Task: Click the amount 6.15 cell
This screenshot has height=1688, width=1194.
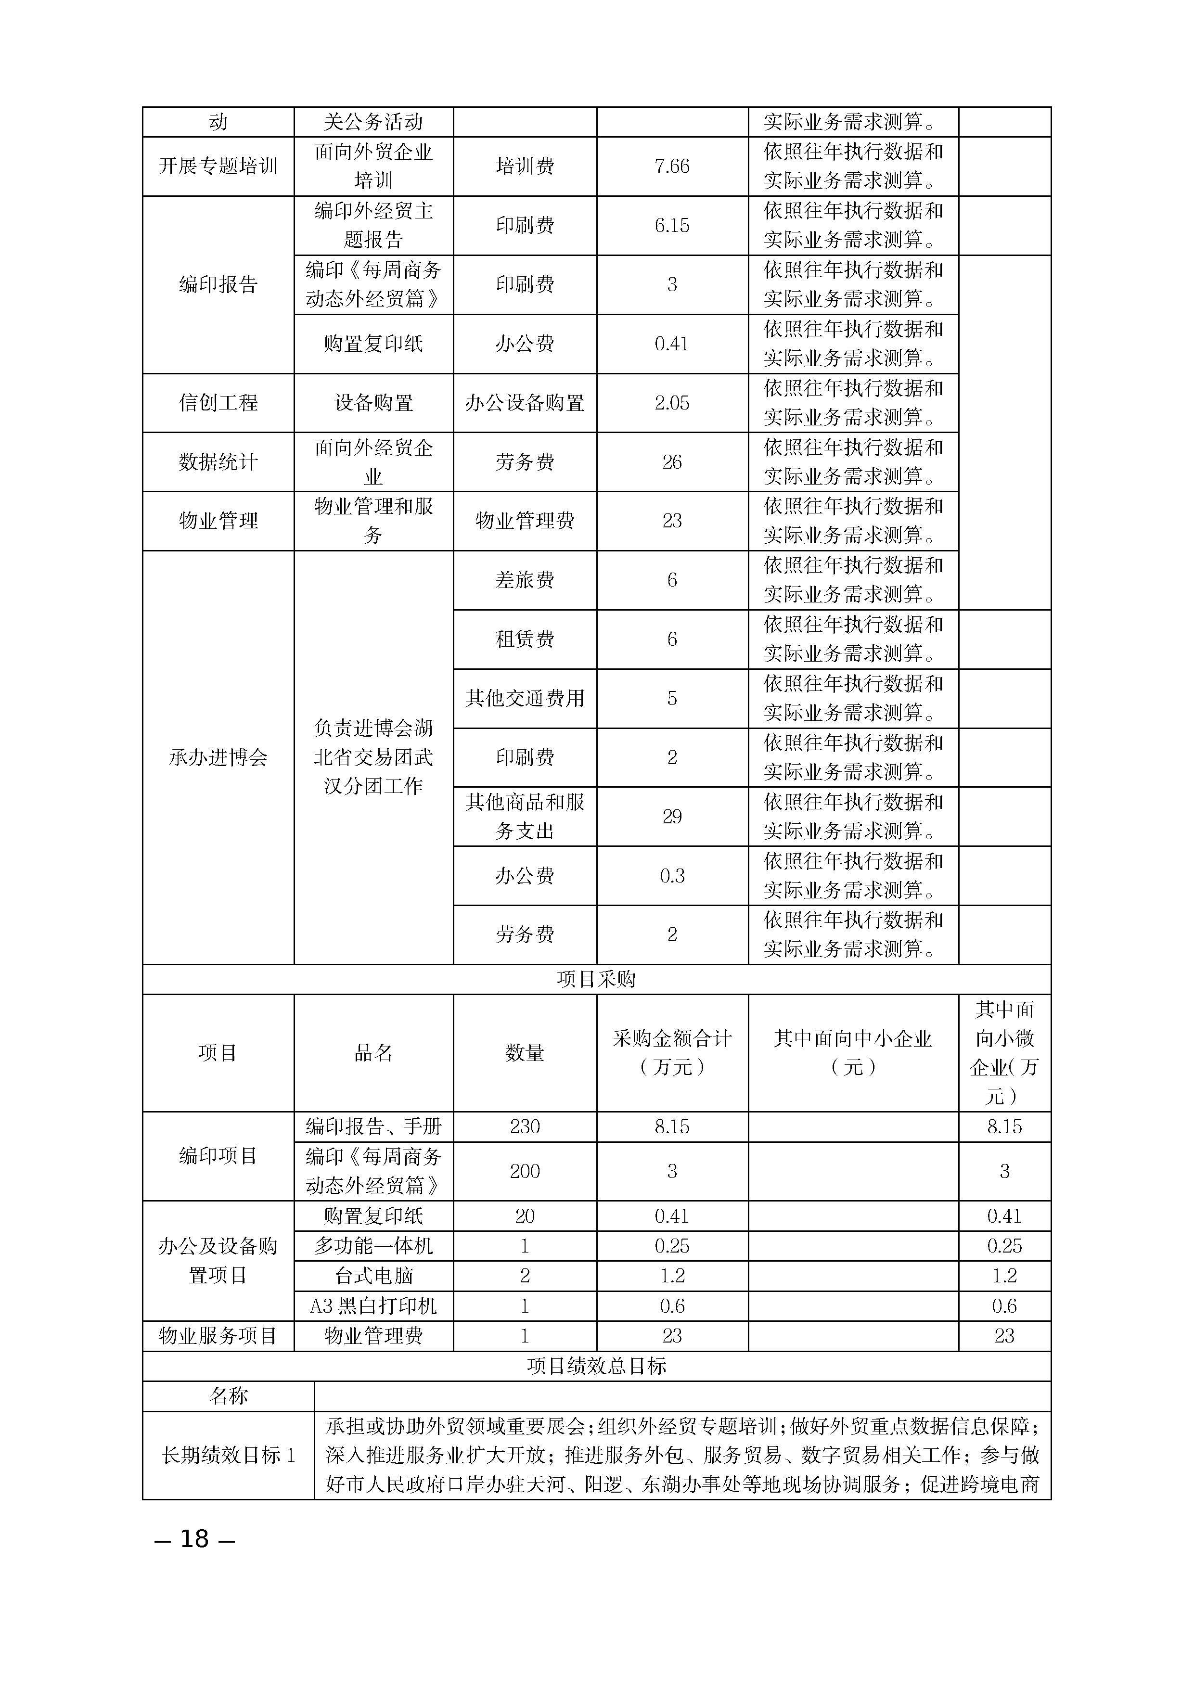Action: [x=672, y=226]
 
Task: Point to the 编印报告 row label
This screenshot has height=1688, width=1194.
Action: [x=218, y=284]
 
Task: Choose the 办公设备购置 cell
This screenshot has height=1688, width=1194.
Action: [x=525, y=403]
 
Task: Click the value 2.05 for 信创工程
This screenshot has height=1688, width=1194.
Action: [x=672, y=403]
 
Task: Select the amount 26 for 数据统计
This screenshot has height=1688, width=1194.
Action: [x=672, y=462]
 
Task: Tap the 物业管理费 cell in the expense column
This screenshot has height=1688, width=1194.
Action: [x=525, y=521]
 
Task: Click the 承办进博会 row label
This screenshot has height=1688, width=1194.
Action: [x=218, y=757]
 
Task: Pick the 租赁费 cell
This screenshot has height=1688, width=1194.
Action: [x=525, y=639]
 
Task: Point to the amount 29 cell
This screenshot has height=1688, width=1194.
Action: [x=672, y=817]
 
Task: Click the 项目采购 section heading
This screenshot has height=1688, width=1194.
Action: [x=596, y=979]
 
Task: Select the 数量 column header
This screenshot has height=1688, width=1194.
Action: [x=525, y=1053]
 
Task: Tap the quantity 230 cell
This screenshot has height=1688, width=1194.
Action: [x=525, y=1127]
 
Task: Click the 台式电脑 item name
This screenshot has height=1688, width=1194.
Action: [x=373, y=1276]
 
